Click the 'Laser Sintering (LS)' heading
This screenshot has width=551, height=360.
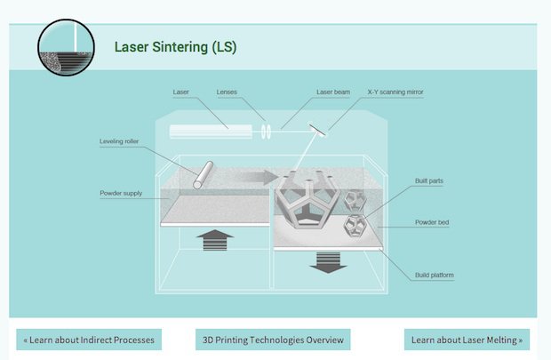(175, 46)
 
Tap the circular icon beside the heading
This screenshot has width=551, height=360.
(66, 47)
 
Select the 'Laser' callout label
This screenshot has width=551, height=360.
(180, 92)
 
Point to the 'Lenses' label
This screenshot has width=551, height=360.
(226, 92)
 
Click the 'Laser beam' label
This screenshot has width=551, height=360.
(333, 92)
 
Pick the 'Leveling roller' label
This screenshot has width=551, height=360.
(119, 141)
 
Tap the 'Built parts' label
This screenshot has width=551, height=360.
(429, 181)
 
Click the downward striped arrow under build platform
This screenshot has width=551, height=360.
(327, 261)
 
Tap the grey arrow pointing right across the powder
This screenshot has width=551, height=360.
(259, 178)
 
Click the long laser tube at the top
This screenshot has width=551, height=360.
(212, 132)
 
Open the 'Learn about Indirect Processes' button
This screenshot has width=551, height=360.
(89, 340)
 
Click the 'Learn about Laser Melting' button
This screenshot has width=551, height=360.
(467, 340)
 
